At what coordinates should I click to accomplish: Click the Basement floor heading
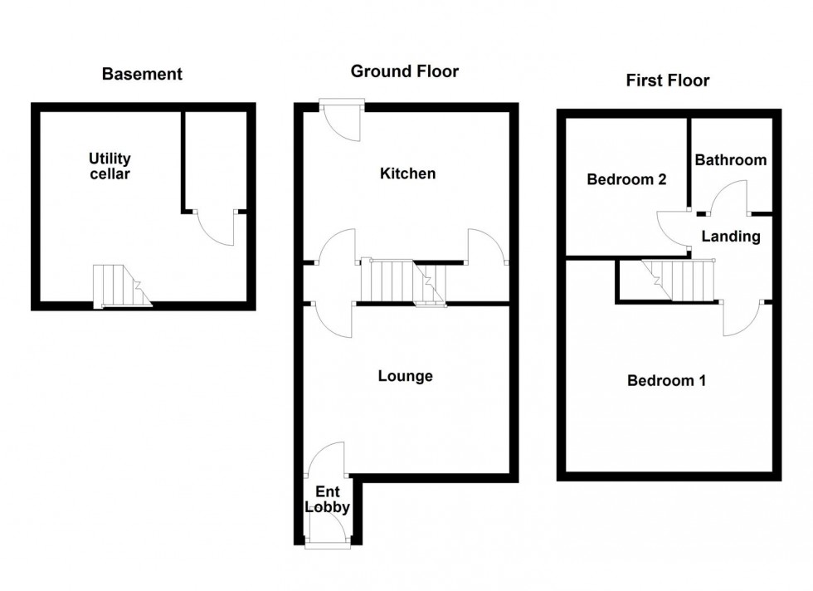[x=142, y=74]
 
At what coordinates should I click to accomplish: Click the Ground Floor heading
[x=404, y=71]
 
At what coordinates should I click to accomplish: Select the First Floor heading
[x=667, y=81]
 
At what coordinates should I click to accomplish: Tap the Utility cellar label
[x=110, y=166]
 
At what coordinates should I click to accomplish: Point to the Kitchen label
[x=407, y=173]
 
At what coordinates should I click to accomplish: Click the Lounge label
[x=405, y=376]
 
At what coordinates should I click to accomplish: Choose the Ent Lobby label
[x=327, y=500]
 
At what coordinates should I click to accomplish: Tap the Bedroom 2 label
[x=626, y=179]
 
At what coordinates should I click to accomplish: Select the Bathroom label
[x=730, y=159]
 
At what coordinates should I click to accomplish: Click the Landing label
[x=730, y=237]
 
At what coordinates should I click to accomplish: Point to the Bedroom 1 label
[x=666, y=381]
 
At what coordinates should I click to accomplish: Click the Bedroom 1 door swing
[x=742, y=317]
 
